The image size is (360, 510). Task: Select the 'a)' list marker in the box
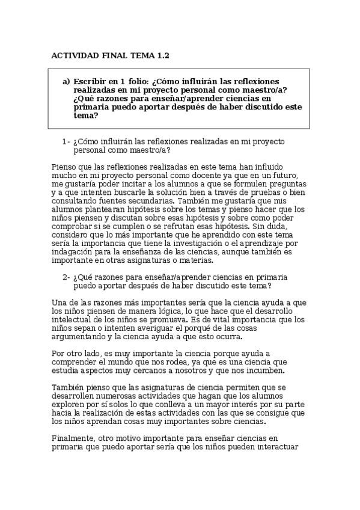pos(66,82)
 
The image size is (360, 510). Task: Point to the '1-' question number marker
pos(66,142)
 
